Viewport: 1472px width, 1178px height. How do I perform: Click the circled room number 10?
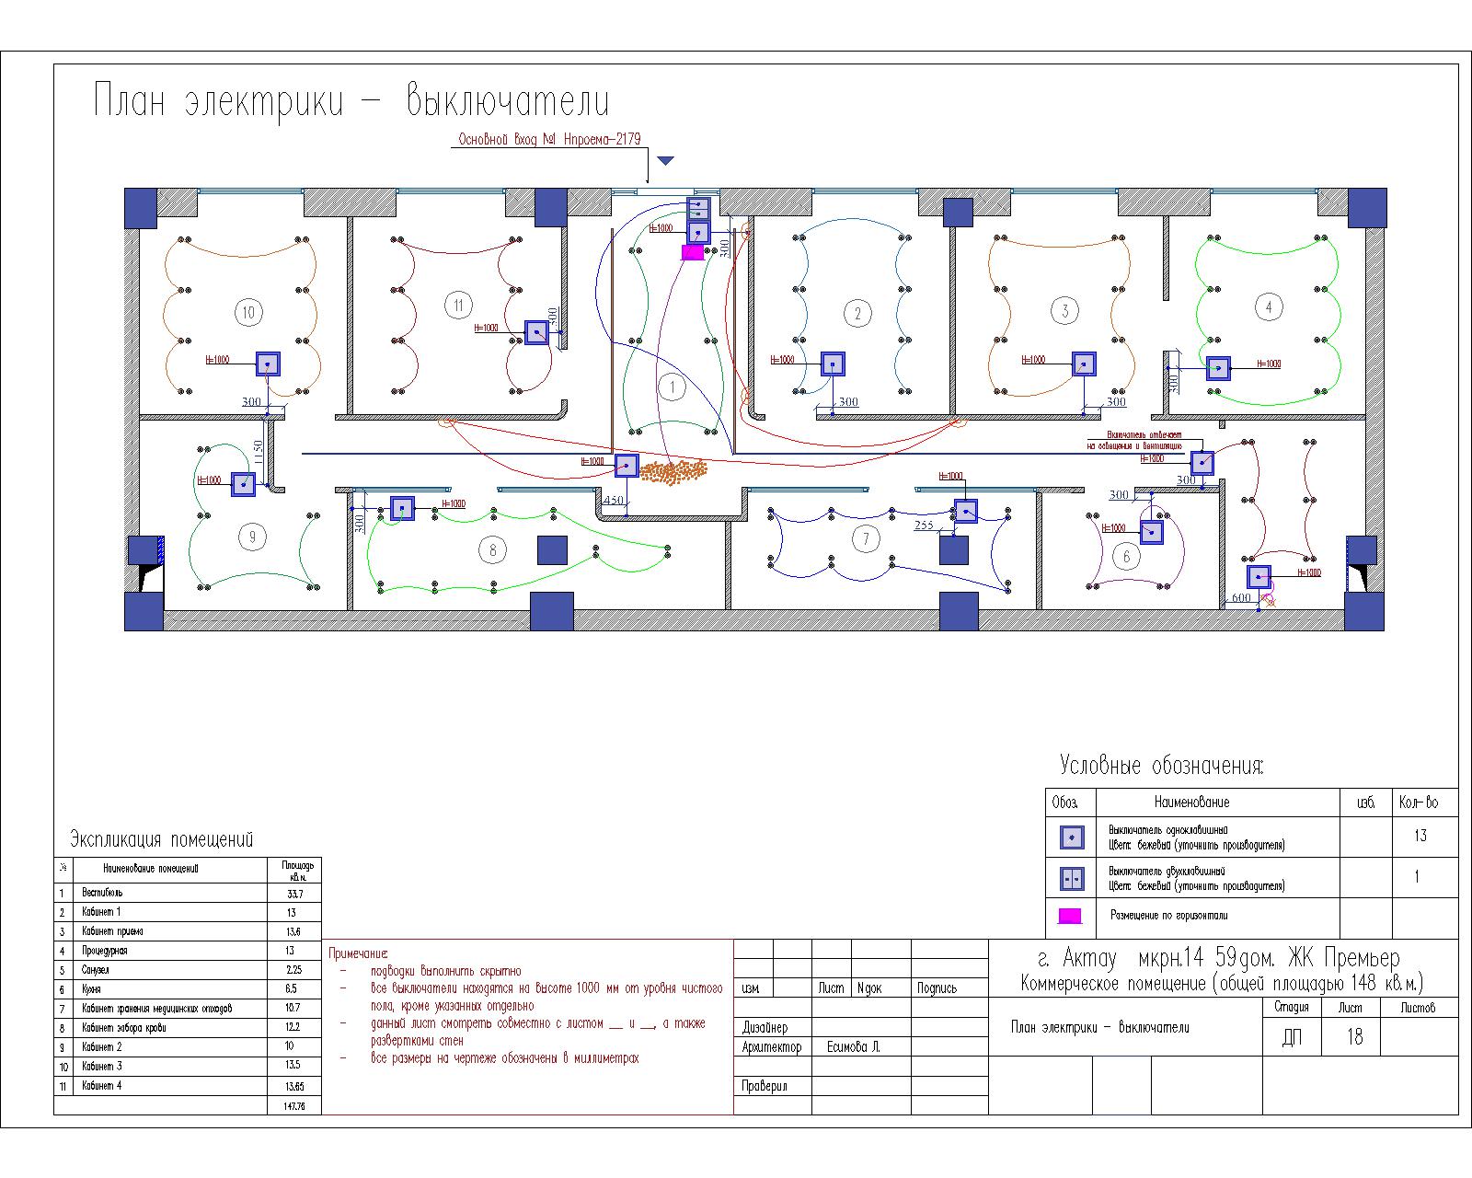(248, 312)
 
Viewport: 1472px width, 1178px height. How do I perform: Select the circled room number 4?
(1269, 306)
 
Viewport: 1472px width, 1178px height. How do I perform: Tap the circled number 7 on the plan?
(865, 538)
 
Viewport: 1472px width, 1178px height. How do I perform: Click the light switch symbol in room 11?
(536, 332)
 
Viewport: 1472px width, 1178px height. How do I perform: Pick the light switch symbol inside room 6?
(1152, 532)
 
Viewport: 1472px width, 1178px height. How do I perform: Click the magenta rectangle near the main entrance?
(692, 252)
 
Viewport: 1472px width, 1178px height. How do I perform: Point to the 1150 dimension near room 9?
(259, 452)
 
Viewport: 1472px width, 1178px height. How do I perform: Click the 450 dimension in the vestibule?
(613, 502)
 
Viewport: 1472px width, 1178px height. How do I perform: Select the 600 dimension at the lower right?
(1241, 598)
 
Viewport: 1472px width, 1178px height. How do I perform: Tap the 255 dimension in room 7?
(924, 525)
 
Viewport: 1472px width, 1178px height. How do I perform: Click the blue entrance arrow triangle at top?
(666, 161)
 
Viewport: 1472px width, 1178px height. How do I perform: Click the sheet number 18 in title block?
(1354, 1037)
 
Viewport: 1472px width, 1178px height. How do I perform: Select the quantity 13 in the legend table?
(1420, 836)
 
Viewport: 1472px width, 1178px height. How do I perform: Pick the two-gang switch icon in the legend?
(1072, 879)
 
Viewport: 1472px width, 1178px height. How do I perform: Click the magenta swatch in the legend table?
(1070, 916)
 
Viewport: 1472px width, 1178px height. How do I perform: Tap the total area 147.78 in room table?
(295, 1105)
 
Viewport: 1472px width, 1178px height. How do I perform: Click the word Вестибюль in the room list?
(101, 893)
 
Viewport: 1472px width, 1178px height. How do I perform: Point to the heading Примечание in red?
(359, 953)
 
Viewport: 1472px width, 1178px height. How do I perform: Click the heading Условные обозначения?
(1161, 766)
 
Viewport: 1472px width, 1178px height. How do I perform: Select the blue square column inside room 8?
(552, 549)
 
